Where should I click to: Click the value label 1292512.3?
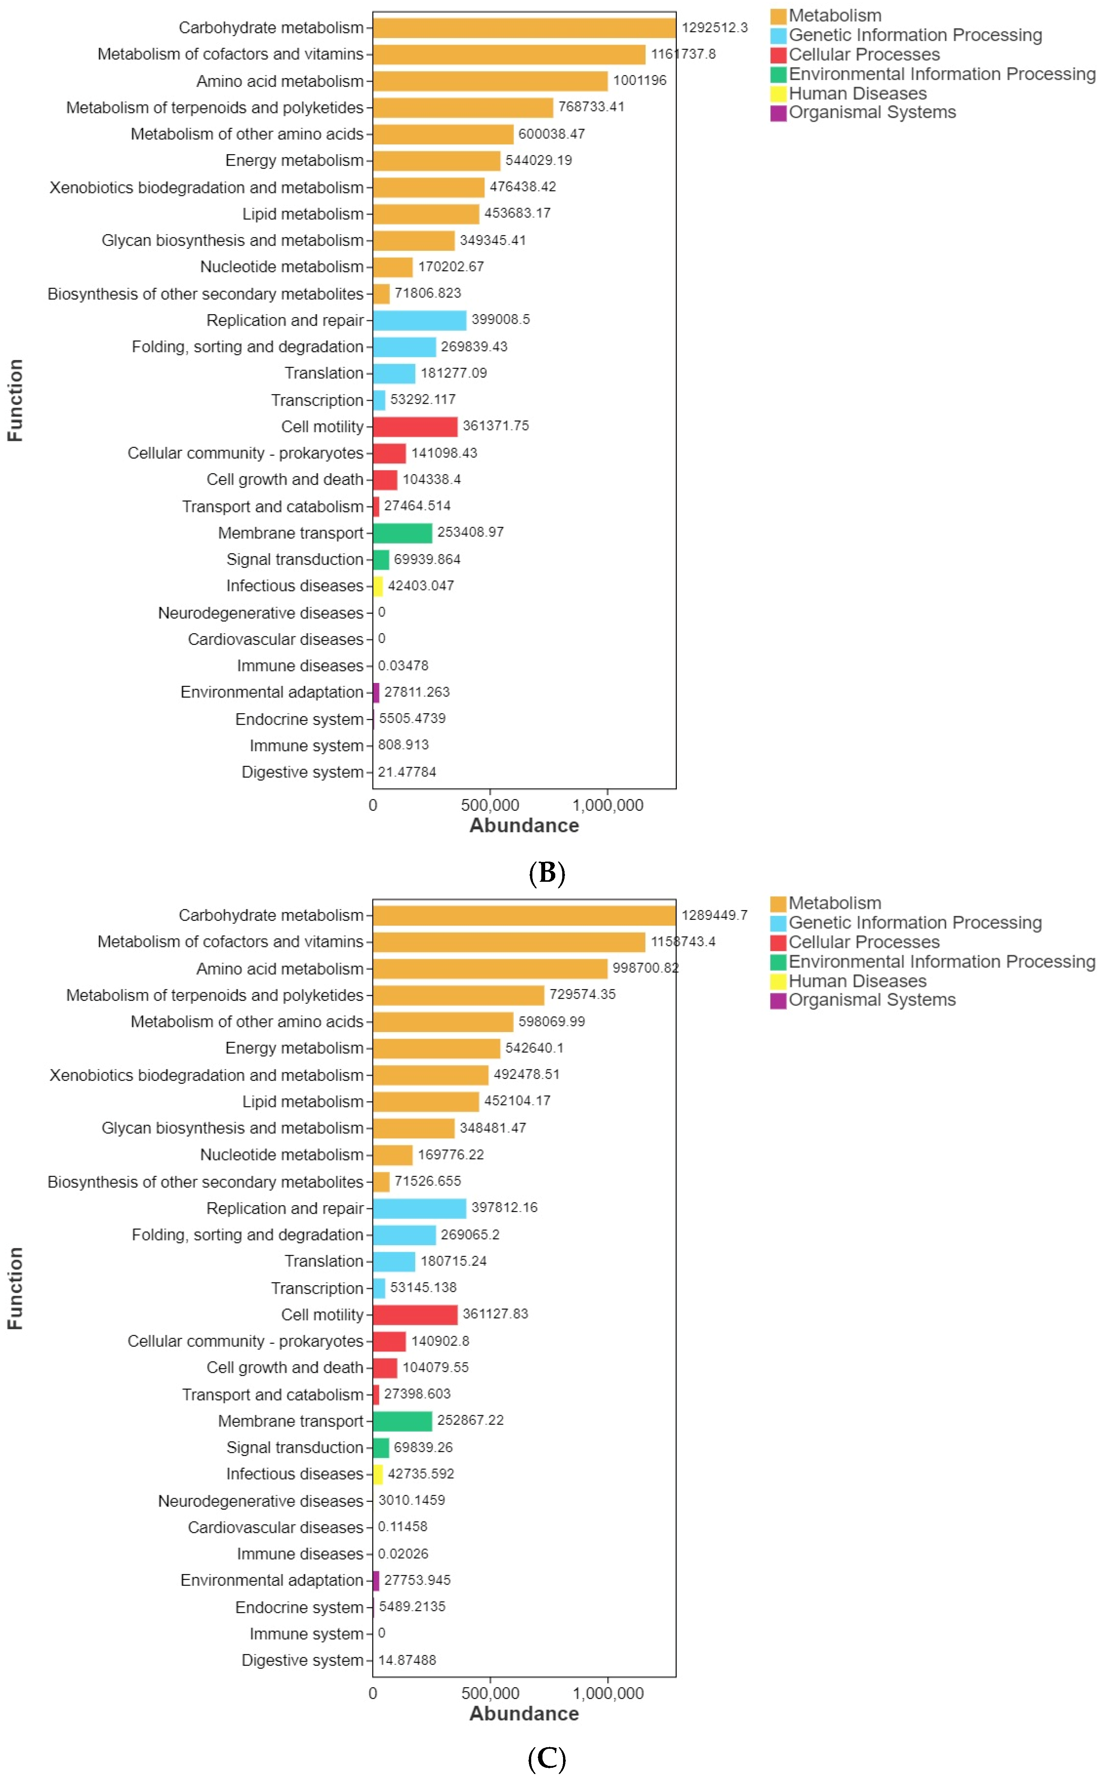coord(714,28)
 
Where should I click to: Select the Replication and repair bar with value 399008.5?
coord(420,320)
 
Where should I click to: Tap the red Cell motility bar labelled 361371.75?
coord(415,426)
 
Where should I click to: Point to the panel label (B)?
coord(547,872)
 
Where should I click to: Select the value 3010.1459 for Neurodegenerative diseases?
coord(411,1500)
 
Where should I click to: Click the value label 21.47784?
coord(407,772)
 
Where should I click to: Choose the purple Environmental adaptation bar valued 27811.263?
coord(376,692)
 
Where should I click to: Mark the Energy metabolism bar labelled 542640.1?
coord(436,1048)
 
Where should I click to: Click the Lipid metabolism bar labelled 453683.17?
coord(426,214)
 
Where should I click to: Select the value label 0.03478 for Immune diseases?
coord(403,665)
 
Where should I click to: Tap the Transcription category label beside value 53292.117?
coord(317,400)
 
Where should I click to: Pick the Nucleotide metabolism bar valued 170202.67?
coord(393,267)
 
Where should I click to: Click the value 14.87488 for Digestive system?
coord(407,1660)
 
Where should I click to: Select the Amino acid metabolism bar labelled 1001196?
coord(490,81)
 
